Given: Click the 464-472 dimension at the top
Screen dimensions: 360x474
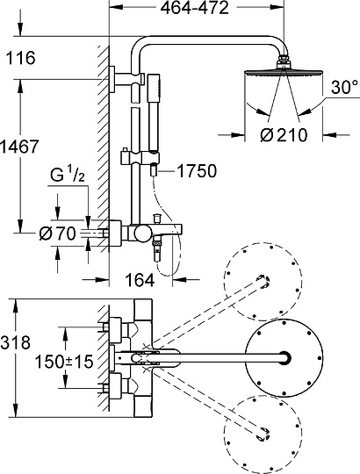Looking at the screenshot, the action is tap(194, 9).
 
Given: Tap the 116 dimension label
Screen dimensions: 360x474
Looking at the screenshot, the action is tap(21, 58).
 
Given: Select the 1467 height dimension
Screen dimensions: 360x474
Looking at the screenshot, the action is tap(19, 147).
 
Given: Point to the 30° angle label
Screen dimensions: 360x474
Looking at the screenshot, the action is tap(344, 87).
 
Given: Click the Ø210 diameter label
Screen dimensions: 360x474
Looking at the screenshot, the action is tap(284, 135).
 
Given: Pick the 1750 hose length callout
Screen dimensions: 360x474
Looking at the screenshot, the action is tap(197, 171).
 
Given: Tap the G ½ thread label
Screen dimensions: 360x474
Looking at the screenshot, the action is tap(68, 176).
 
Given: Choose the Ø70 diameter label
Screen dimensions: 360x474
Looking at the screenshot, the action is tap(57, 233).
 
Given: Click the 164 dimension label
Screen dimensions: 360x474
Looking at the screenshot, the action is tap(140, 280).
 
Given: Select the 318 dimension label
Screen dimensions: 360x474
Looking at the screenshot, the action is tap(16, 343).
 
